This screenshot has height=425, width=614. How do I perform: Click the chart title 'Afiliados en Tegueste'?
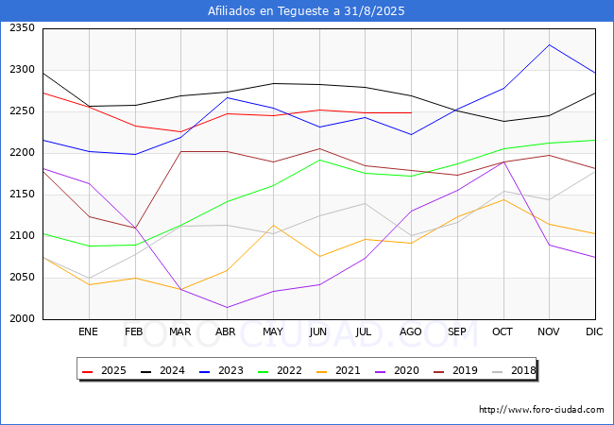pyautogui.click(x=269, y=11)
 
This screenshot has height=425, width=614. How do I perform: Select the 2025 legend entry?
pyautogui.click(x=104, y=370)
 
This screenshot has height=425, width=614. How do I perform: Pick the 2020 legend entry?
pyautogui.click(x=397, y=370)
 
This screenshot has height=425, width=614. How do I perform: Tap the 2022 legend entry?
pyautogui.click(x=280, y=370)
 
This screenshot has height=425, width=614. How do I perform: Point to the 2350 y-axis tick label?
pyautogui.click(x=22, y=28)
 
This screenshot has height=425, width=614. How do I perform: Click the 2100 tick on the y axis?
pyautogui.click(x=22, y=235)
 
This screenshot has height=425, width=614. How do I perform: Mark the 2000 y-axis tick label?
pyautogui.click(x=22, y=319)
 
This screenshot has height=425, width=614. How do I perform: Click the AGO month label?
pyautogui.click(x=410, y=331)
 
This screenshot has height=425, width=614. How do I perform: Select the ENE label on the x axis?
pyautogui.click(x=88, y=331)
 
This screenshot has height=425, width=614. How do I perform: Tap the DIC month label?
pyautogui.click(x=594, y=331)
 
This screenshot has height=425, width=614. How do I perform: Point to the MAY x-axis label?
pyautogui.click(x=273, y=331)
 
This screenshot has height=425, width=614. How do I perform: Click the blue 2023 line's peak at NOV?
pyautogui.click(x=550, y=45)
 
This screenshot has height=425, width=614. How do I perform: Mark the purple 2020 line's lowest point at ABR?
pyautogui.click(x=227, y=307)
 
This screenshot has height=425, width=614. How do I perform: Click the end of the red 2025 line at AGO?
pyautogui.click(x=411, y=112)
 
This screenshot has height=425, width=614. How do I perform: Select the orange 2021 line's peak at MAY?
pyautogui.click(x=273, y=225)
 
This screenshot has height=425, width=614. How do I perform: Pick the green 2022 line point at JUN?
pyautogui.click(x=319, y=160)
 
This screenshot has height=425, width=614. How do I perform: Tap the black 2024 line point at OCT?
pyautogui.click(x=503, y=121)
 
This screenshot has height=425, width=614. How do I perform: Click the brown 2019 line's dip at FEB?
pyautogui.click(x=135, y=228)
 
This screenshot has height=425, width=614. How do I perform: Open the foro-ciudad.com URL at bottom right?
pyautogui.click(x=541, y=410)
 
